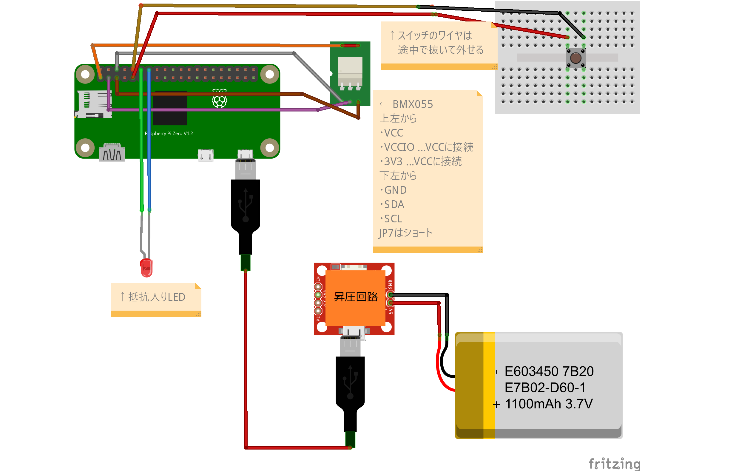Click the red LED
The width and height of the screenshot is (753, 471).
click(146, 268)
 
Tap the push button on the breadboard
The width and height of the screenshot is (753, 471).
click(575, 58)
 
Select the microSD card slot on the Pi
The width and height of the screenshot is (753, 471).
click(93, 104)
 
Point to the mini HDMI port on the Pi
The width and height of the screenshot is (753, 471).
click(112, 153)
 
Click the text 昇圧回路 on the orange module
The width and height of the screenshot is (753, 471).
click(356, 297)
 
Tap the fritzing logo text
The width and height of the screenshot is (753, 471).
click(614, 464)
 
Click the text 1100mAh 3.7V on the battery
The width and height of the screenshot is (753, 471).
click(549, 404)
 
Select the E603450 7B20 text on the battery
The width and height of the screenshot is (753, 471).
click(549, 371)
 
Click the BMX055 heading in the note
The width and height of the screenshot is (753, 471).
click(412, 104)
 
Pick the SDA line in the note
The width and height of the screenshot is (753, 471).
click(394, 205)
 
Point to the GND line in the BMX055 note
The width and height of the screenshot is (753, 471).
click(395, 190)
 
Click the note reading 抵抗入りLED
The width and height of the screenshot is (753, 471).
click(156, 297)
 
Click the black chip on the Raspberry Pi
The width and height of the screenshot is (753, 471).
click(170, 109)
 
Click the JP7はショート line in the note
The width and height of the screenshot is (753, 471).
click(405, 233)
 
